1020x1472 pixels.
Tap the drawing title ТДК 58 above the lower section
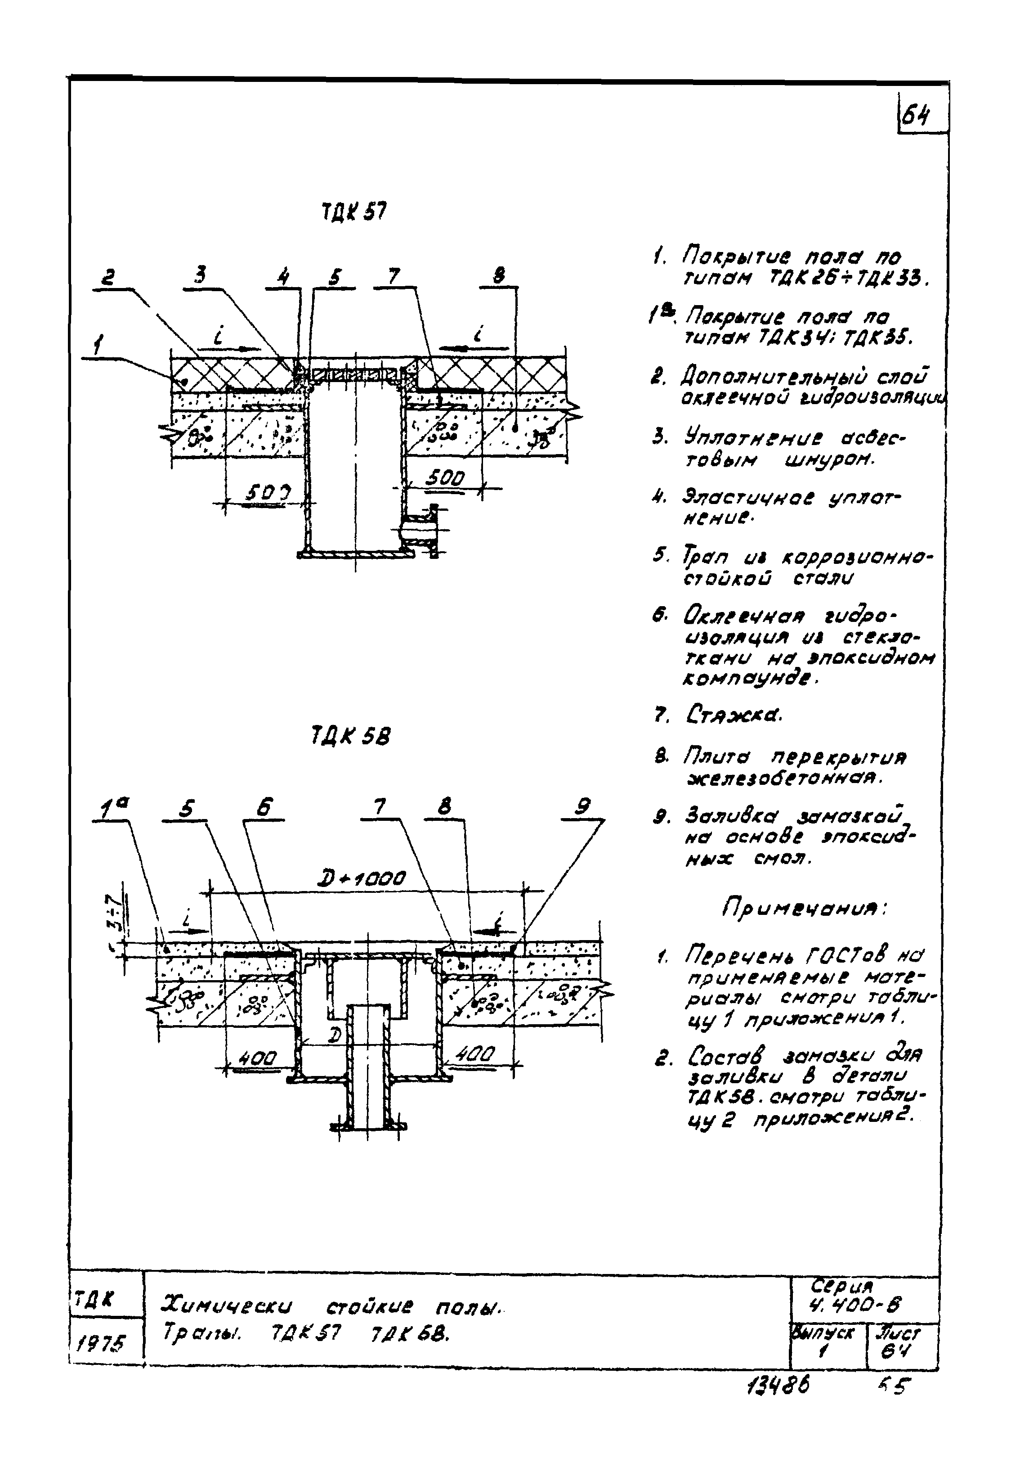350,737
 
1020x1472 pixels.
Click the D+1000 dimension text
361,878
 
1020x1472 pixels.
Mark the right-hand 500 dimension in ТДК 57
445,477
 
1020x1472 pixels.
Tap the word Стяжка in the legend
734,714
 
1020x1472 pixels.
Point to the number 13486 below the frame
777,1386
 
